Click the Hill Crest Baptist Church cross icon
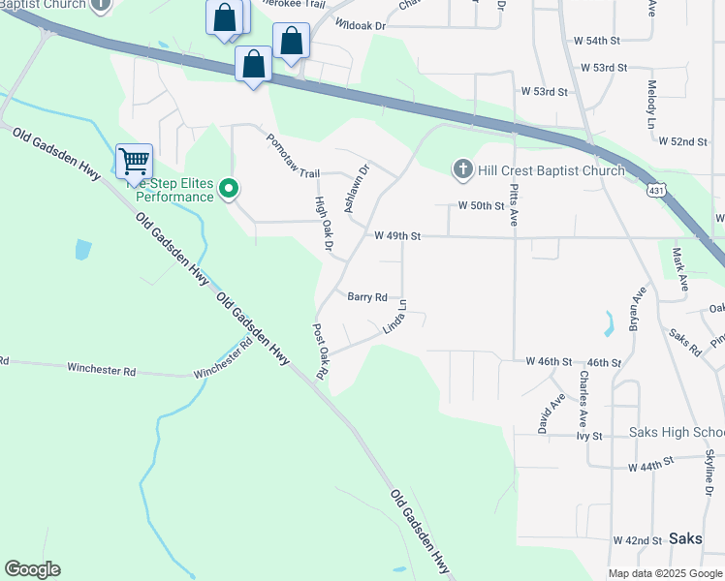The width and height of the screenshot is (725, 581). tap(462, 170)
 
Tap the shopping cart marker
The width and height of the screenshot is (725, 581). tap(134, 161)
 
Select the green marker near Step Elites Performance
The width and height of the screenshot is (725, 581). tap(229, 188)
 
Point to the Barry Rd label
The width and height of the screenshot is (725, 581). tap(367, 297)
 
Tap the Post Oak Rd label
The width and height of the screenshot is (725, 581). tap(321, 352)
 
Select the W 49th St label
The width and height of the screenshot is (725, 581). tap(397, 235)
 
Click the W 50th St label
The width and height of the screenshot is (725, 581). tap(482, 205)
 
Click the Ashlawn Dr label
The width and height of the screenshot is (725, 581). tap(357, 188)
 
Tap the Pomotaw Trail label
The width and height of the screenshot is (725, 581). tap(294, 157)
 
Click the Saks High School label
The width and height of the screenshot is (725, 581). tap(677, 432)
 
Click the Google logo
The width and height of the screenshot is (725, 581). tap(32, 569)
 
